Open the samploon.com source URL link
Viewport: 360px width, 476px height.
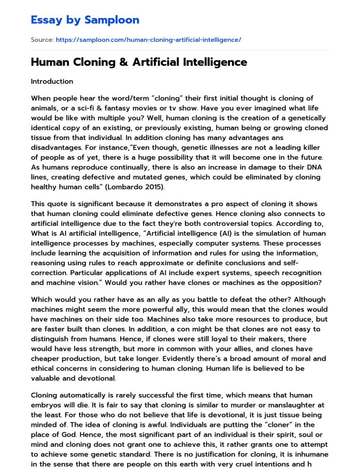pyautogui.click(x=148, y=40)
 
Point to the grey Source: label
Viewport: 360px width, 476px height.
pyautogui.click(x=42, y=40)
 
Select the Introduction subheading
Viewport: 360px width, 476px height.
pyautogui.click(x=52, y=82)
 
